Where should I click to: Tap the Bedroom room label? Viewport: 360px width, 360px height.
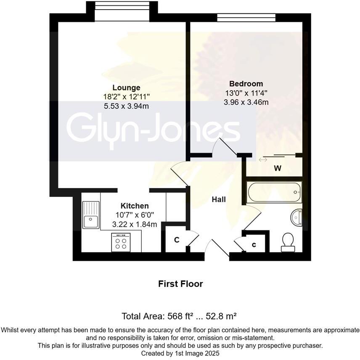coord(246,84)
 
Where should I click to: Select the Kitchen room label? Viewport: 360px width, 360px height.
coord(135,206)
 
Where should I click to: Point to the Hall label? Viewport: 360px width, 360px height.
coord(219,199)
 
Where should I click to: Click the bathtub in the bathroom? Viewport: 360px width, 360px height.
coord(274,192)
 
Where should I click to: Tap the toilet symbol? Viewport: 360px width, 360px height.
coord(289,242)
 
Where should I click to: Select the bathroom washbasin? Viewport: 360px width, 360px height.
coord(297,217)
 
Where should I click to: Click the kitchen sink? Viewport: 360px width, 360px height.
coord(91,214)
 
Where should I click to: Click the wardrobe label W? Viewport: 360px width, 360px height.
coord(277,169)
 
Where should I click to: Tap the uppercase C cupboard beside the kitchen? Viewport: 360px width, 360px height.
coord(177,240)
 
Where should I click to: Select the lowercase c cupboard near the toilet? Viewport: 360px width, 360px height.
coord(254,244)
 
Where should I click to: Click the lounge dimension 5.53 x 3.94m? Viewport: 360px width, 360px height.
coord(126,106)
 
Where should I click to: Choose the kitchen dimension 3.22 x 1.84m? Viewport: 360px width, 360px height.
coord(135,225)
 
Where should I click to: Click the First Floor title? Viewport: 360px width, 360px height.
coord(180,284)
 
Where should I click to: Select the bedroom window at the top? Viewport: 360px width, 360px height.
coord(246,17)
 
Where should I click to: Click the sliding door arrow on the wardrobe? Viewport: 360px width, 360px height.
coord(263,159)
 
